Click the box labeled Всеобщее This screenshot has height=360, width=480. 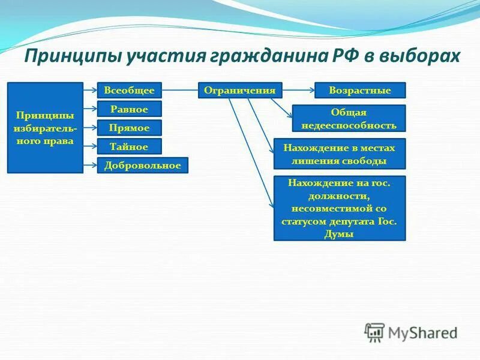click(x=130, y=91)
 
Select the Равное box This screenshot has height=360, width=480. click(x=130, y=109)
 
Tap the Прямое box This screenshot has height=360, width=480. click(x=130, y=128)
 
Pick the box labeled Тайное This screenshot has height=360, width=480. click(x=130, y=146)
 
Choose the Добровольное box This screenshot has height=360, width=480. click(x=143, y=166)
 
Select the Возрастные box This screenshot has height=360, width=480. click(x=360, y=91)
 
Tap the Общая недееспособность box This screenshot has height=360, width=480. click(x=348, y=119)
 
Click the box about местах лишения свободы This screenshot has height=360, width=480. click(x=339, y=154)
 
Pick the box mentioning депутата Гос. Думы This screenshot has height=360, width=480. click(x=339, y=208)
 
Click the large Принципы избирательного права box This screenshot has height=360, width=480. click(x=45, y=128)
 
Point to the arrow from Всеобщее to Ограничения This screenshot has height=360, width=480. click(x=180, y=91)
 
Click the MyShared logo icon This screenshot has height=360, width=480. click(x=375, y=332)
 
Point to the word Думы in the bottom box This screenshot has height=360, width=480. click(x=340, y=234)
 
